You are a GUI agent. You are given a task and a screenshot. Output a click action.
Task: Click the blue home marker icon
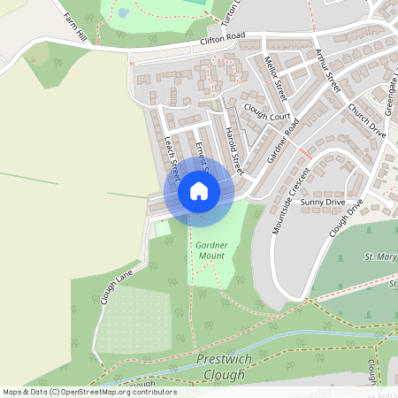(x=198, y=191)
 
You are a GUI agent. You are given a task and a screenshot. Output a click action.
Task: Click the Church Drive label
(x=367, y=119)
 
